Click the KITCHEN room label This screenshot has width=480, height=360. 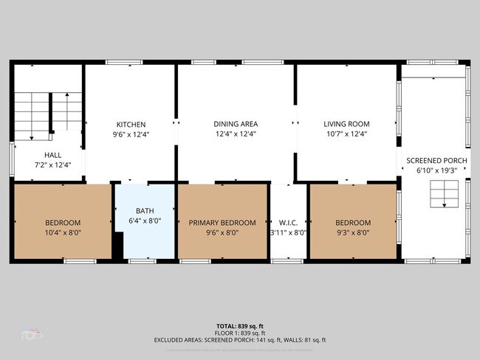130,124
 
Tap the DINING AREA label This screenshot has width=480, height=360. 235,124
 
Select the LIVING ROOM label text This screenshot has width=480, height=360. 346,124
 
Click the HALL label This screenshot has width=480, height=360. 52,154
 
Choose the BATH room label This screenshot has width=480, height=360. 144,210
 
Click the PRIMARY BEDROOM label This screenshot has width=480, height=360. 222,223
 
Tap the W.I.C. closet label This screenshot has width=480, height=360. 288,223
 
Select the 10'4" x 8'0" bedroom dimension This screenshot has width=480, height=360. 63,232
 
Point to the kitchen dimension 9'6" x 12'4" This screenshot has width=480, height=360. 130,134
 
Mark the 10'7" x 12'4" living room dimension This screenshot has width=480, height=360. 346,134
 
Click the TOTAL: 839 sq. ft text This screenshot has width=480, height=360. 239,325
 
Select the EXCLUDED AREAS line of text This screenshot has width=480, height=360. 239,340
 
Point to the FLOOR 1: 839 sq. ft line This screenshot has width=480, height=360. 239,333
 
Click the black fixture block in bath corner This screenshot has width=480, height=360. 117,246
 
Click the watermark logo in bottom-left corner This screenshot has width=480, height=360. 32,334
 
